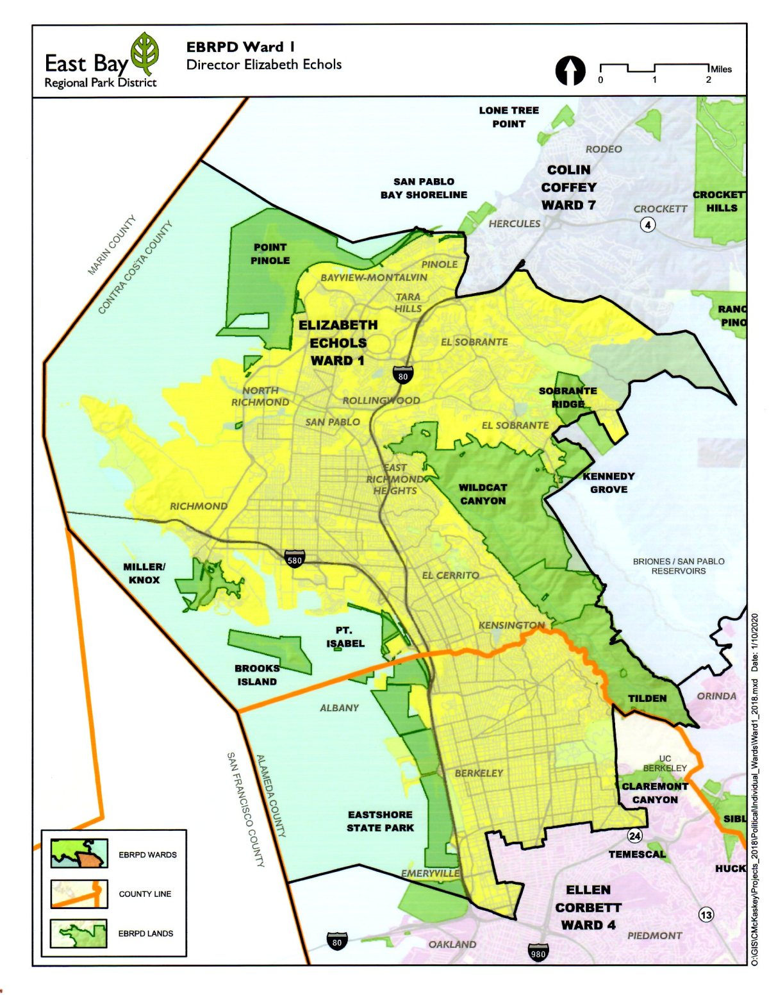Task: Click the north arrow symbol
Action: [570, 71]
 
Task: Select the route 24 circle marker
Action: [634, 835]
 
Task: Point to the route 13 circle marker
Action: [706, 915]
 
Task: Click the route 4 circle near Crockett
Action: [648, 225]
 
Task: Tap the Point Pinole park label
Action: [270, 254]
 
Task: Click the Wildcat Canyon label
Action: [483, 494]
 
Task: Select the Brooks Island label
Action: [257, 674]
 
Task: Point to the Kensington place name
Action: [511, 625]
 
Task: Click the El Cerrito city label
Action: [450, 575]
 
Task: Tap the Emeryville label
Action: [430, 873]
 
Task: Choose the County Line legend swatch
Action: [79, 894]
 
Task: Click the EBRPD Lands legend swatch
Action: [79, 933]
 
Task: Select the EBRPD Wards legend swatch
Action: [79, 854]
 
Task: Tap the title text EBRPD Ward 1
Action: [240, 47]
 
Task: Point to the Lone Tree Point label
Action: [509, 117]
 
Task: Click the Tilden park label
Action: [647, 698]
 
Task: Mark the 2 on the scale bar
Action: [709, 80]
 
